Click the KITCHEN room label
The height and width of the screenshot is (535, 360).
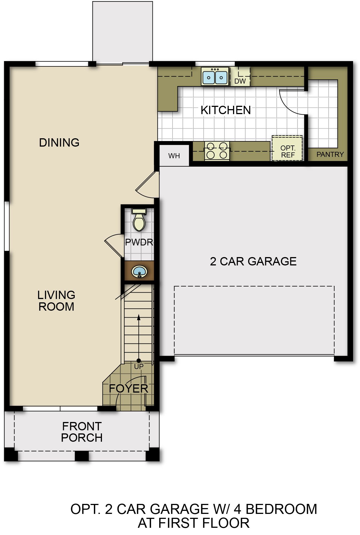pos(226,110)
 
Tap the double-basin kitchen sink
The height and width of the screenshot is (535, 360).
pos(215,76)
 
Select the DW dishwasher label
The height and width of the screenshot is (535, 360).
pos(240,81)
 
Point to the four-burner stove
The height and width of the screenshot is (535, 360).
pos(217,151)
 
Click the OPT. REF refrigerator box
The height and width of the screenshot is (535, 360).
pos(287,148)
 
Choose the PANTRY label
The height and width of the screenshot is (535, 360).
pos(330,154)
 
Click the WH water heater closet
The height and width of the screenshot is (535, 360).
pos(174,155)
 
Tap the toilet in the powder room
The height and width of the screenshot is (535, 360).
pos(139,220)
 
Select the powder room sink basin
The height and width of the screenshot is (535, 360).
pos(139,272)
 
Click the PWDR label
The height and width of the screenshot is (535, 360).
pos(139,242)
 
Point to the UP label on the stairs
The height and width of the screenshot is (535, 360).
pos(139,366)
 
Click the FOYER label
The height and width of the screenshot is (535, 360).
pos(128,389)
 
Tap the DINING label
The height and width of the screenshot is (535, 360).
pos(59,142)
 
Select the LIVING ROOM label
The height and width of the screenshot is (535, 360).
pos(56,301)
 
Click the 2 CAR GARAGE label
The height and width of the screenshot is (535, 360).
pos(253,261)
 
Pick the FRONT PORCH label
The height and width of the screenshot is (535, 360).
pos(82,432)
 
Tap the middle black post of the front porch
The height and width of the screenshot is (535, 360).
pos(82,456)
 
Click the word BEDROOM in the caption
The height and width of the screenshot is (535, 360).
pos(281,509)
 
